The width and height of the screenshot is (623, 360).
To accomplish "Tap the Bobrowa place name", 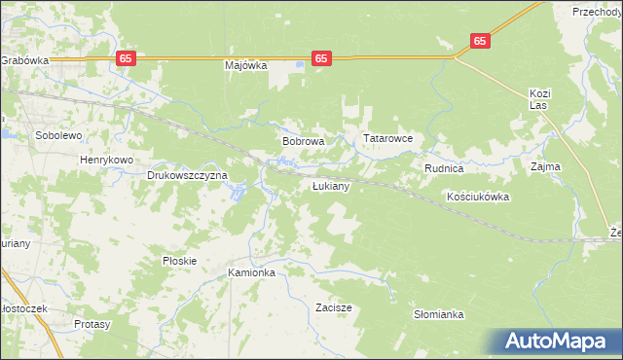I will point(303,141).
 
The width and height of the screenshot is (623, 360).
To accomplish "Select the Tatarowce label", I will point(388,139).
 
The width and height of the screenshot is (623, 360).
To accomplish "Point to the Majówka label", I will point(245,66).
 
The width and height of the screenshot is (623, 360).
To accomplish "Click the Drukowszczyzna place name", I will point(187,176).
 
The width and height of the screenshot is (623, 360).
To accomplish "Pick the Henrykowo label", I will point(106,159).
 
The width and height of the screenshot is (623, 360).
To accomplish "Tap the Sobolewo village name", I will point(57,135).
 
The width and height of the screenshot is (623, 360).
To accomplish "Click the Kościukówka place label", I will point(477,197).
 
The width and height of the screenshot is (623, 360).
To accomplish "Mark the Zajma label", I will point(545,166).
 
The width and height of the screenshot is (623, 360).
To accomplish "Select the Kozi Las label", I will point(540,99).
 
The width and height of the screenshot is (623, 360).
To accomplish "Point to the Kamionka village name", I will point(252,273).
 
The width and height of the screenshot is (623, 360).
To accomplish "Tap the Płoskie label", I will point(180,261).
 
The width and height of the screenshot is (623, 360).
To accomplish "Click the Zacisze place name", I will point(334,307).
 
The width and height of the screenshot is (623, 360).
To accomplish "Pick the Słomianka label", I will point(438,314).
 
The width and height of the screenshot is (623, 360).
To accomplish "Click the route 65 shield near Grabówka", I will point(126,58).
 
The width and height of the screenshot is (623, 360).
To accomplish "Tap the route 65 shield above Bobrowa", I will point(322,58).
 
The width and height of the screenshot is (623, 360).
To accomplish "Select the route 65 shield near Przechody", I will point(480,41).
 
